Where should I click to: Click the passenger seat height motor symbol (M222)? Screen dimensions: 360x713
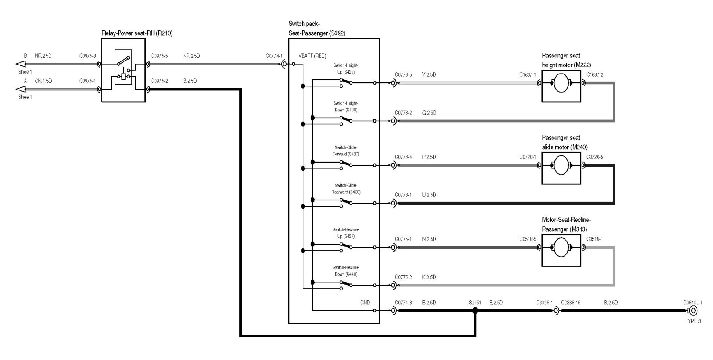561,83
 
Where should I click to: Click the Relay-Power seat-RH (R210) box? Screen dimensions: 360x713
123,70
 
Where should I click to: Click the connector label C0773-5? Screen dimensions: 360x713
403,74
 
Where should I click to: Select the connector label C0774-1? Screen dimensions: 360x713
274,56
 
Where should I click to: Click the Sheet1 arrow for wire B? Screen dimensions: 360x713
20,64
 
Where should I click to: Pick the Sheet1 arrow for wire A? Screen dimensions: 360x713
20,89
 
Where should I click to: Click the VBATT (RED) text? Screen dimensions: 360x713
312,56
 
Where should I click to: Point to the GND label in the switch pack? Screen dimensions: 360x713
365,303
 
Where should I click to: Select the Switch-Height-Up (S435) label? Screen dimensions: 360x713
346,69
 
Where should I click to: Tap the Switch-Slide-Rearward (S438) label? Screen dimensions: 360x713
346,188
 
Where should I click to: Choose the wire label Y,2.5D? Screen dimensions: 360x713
429,74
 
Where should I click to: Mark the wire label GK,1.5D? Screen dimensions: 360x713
43,81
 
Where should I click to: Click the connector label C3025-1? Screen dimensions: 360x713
544,303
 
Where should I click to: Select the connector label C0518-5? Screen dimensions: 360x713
528,239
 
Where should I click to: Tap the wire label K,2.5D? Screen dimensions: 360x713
429,277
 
